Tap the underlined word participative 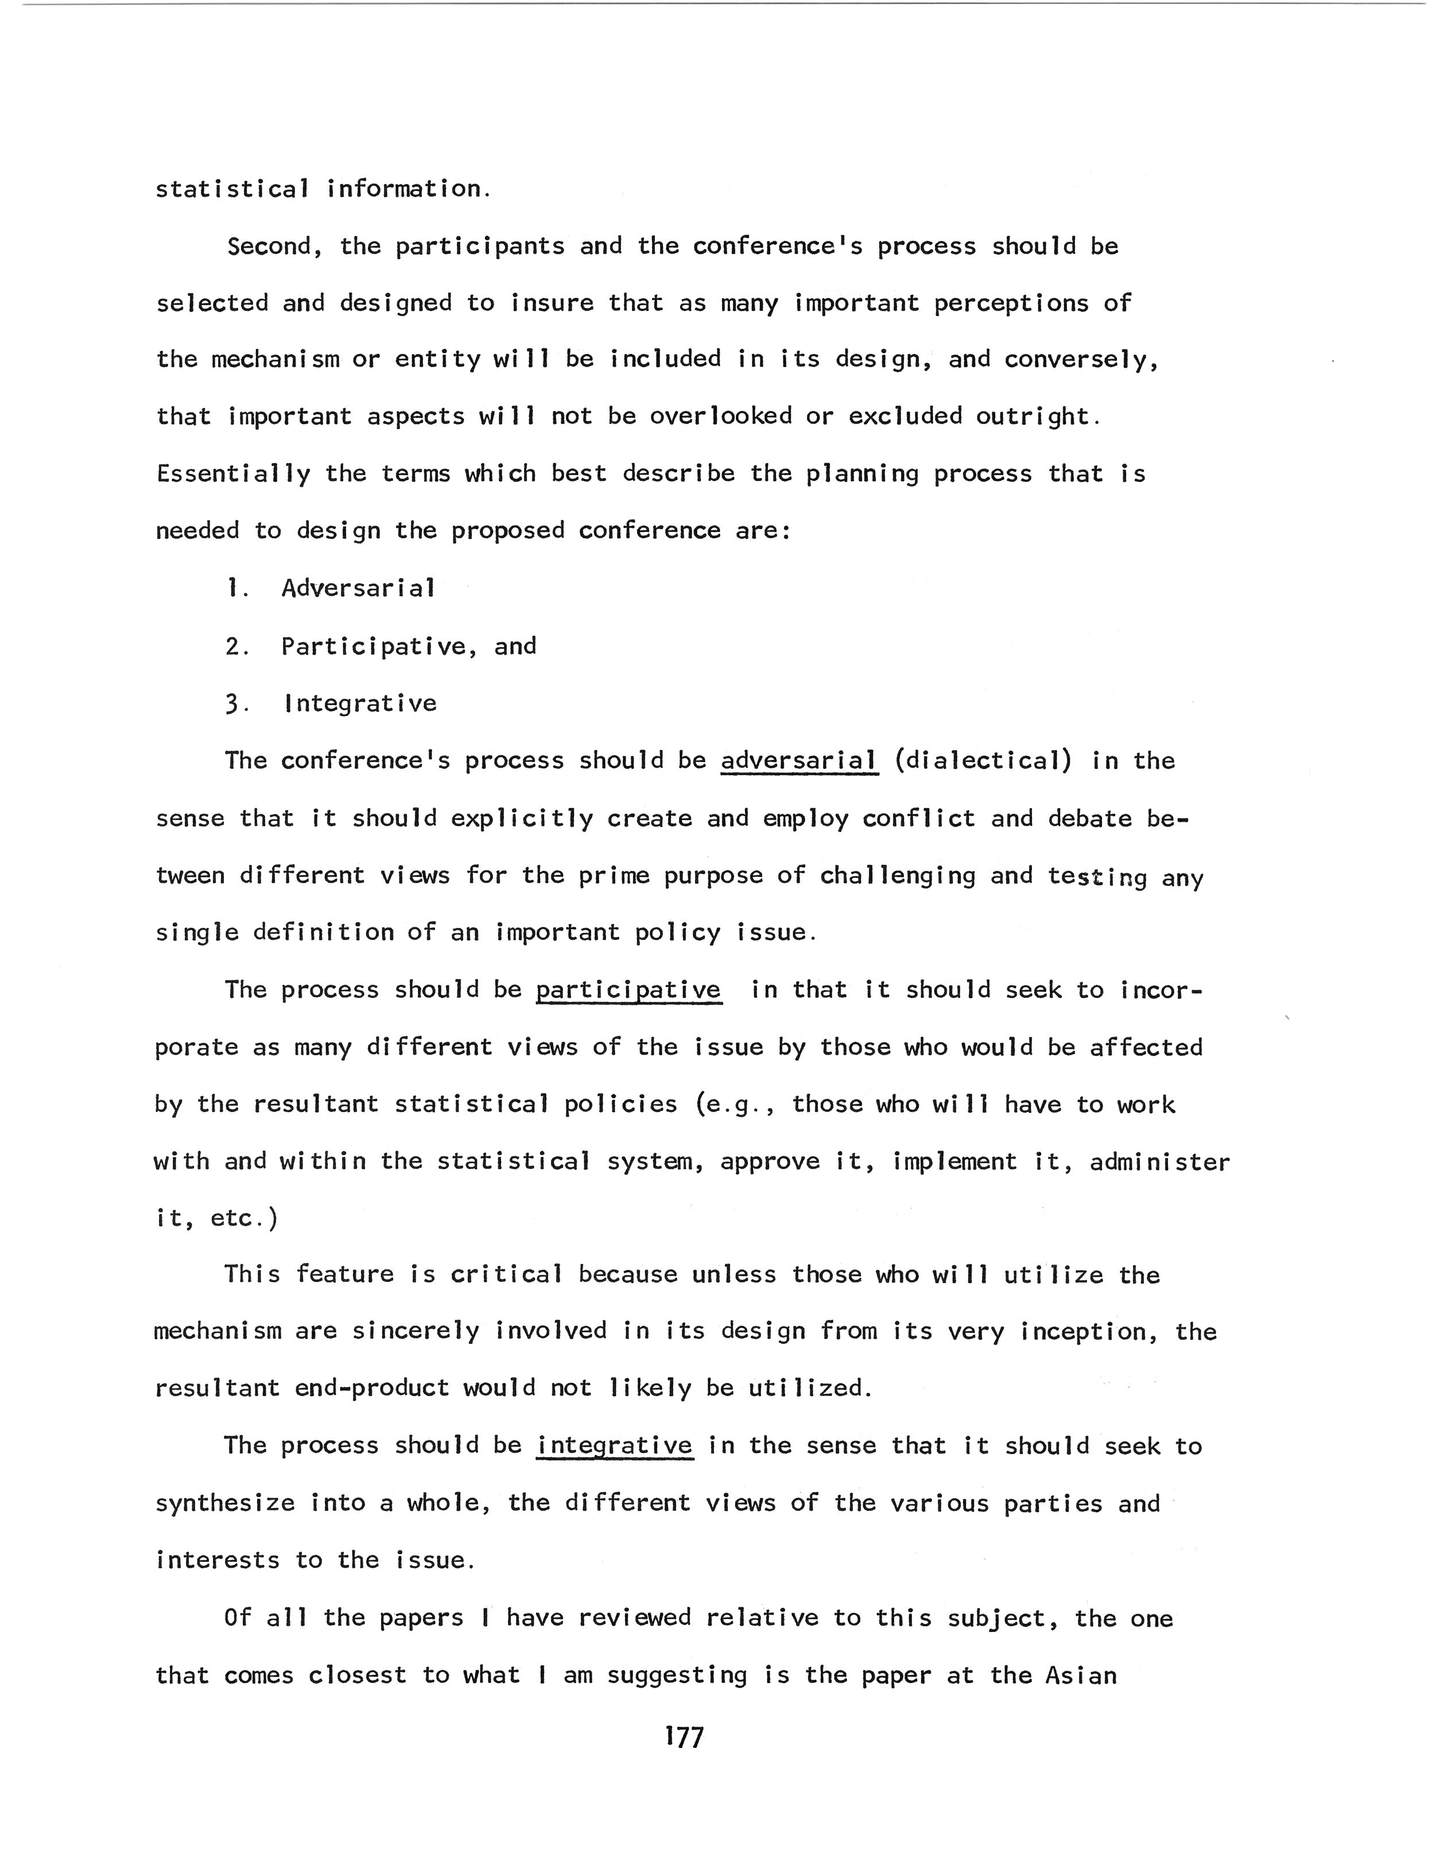(x=628, y=990)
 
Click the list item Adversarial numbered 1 (x=358, y=588)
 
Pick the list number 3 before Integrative (x=232, y=704)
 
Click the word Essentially (x=232, y=475)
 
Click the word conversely (x=1080, y=360)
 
